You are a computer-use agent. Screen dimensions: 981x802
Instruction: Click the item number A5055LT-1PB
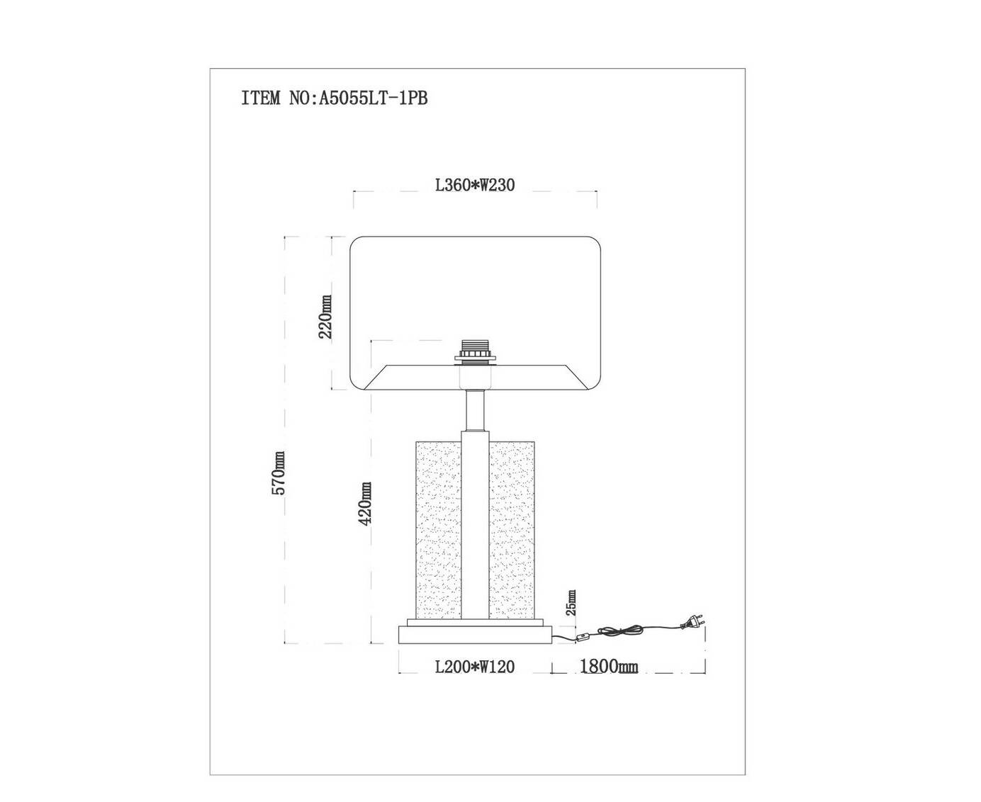coord(373,98)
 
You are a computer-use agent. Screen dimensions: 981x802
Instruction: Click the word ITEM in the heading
coord(260,98)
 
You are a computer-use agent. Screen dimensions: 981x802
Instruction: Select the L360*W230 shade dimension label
coord(474,185)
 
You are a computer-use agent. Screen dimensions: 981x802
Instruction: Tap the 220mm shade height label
coord(325,317)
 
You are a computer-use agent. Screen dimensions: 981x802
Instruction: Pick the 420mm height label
coord(364,503)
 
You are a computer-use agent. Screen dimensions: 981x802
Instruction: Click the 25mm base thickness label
coord(571,602)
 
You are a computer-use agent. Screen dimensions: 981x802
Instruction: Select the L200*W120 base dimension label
coord(474,667)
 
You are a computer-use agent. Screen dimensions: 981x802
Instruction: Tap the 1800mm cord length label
coord(609,666)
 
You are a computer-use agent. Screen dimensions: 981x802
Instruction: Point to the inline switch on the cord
coord(582,639)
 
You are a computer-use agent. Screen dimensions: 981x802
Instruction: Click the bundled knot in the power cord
coord(620,631)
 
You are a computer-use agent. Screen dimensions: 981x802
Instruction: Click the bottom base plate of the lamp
coord(475,635)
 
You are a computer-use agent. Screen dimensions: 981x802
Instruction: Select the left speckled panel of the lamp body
coord(438,530)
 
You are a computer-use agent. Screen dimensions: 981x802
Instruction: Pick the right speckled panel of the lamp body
coord(512,530)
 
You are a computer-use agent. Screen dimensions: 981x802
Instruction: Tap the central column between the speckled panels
coord(475,525)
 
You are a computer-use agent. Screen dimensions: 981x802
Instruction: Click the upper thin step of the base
coord(475,622)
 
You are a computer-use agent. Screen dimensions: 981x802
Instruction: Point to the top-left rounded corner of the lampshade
coord(355,242)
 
